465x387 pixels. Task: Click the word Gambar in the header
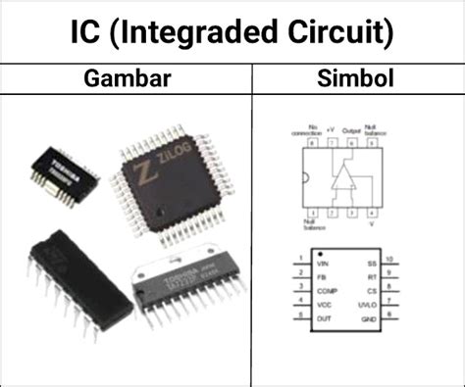125,77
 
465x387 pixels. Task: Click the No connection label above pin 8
313,130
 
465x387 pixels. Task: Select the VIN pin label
322,264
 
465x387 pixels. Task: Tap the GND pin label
370,318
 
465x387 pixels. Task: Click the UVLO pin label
368,305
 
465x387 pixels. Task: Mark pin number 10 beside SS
391,260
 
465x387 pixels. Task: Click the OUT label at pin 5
323,318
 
